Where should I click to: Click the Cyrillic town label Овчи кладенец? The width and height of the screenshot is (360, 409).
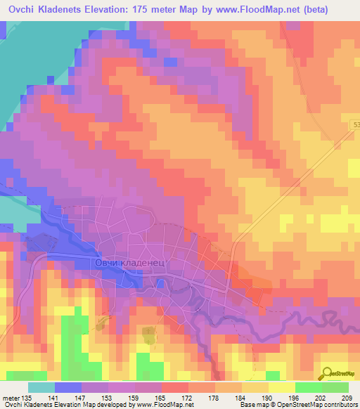[x=129, y=262]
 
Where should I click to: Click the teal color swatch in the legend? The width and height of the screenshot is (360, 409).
[x=41, y=387]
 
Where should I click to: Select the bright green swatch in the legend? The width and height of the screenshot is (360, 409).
[x=308, y=387]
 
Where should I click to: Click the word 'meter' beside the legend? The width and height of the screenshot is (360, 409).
[x=11, y=398]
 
